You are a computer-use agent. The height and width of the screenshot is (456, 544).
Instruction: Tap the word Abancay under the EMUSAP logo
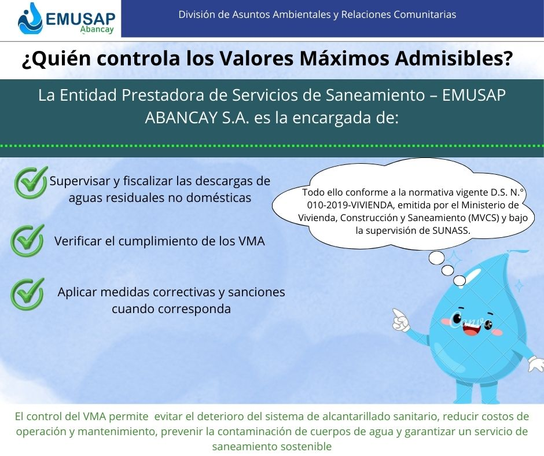pos(97,29)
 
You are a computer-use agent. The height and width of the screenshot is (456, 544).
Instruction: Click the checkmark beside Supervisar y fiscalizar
pos(31,182)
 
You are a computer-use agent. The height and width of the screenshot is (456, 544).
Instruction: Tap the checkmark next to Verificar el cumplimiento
pos(27,241)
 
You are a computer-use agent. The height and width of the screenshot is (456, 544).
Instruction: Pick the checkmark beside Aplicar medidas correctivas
pos(27,294)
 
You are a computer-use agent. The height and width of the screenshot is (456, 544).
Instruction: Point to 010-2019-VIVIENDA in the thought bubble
pos(350,205)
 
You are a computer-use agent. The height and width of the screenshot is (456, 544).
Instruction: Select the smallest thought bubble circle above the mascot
pos(460,281)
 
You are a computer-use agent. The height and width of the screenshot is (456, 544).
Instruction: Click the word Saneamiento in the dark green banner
pos(375,95)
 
